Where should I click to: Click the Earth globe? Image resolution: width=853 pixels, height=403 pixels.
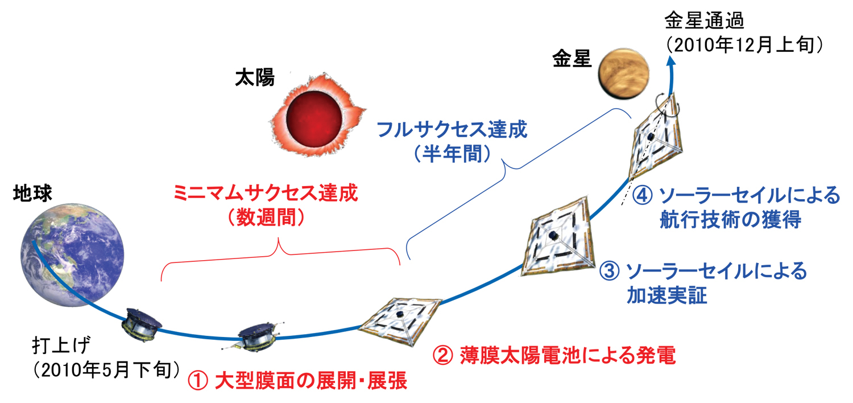72,254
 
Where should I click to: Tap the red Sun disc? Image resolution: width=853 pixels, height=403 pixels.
314,118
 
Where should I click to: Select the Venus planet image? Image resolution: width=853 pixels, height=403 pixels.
623,74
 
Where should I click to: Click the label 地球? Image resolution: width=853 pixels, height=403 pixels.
32,194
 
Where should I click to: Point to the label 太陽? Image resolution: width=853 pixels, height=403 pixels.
255,78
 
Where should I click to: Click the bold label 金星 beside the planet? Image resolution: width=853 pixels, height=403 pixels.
572,59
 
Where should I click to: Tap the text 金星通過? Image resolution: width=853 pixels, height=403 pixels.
704,20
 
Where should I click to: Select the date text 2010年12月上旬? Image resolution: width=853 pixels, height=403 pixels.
744,46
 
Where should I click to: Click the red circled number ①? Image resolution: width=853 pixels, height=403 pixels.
198,381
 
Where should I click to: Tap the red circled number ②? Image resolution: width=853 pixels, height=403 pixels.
443,355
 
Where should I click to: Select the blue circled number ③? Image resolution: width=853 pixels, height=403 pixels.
609,271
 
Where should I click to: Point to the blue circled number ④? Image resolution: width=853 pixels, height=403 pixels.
643,196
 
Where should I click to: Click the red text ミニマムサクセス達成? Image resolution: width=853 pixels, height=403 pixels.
266,193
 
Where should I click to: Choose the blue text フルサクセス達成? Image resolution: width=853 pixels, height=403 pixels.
452,129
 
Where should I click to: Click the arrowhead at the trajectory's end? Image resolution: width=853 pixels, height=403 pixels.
672,61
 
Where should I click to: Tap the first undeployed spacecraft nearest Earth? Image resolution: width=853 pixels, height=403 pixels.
141,325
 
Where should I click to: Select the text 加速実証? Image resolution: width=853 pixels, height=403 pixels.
667,295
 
